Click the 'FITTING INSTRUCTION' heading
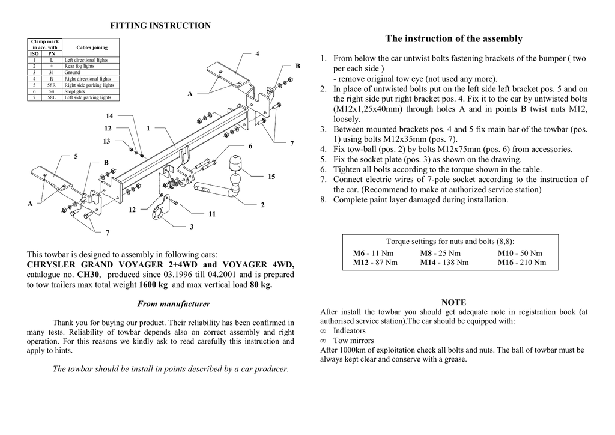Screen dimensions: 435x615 click(160, 25)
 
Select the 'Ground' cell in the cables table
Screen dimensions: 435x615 click(72, 73)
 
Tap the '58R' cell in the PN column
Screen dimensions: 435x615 click(51, 85)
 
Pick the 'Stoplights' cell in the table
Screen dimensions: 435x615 click(74, 91)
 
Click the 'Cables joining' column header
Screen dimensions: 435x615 click(92, 47)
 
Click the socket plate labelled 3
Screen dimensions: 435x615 click(160, 210)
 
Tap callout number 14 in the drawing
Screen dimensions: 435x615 click(109, 115)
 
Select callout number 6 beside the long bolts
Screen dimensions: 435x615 click(250, 147)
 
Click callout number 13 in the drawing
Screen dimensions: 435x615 click(106, 141)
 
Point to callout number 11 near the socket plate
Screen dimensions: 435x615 click(212, 214)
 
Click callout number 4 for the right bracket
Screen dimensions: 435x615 click(257, 54)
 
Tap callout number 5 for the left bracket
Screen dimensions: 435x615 click(76, 156)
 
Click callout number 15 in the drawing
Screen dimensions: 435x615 click(271, 177)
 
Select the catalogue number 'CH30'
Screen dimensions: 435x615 click(88, 275)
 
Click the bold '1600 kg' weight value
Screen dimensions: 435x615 click(153, 285)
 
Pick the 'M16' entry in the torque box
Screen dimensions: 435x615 click(506, 262)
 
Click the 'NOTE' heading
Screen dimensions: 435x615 click(453, 302)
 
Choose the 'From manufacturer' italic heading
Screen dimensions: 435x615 click(174, 304)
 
